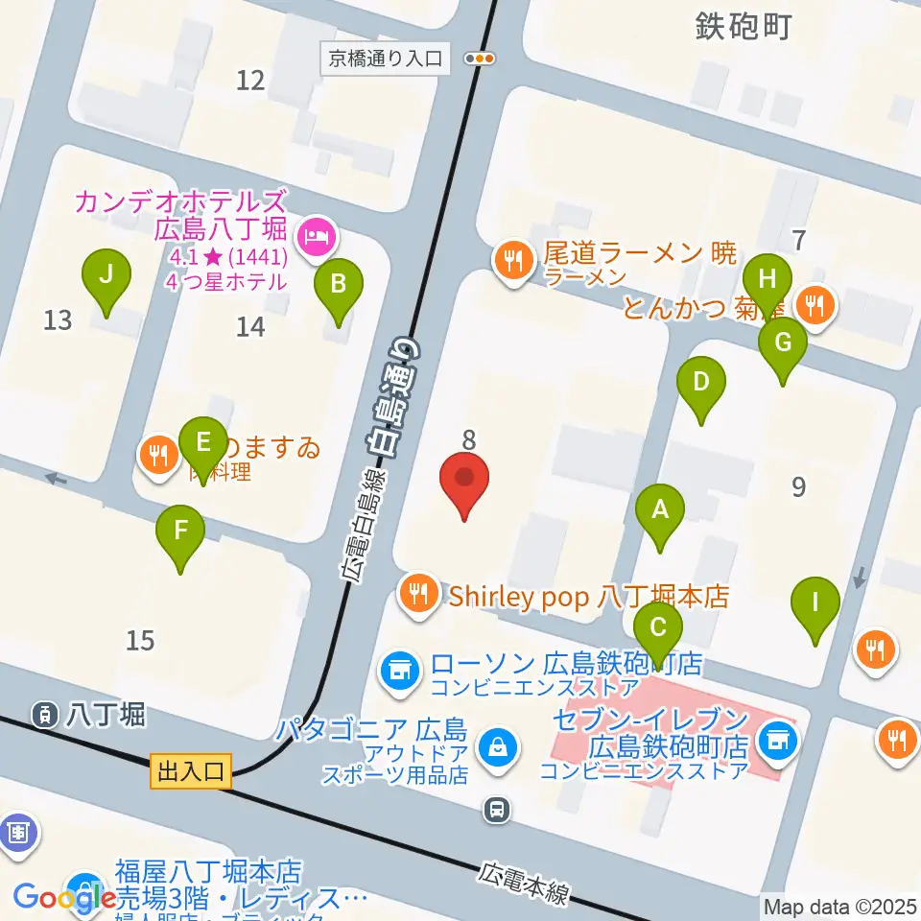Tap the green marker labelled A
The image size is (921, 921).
coord(660,510)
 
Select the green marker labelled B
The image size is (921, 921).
coord(338,284)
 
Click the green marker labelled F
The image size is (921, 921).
coord(180,531)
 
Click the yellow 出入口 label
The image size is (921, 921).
coord(191,770)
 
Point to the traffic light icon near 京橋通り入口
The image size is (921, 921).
coord(480,59)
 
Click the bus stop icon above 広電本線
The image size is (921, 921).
coord(497,809)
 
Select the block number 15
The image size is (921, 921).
coord(140,640)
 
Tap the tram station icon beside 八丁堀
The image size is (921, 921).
coord(44,713)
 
